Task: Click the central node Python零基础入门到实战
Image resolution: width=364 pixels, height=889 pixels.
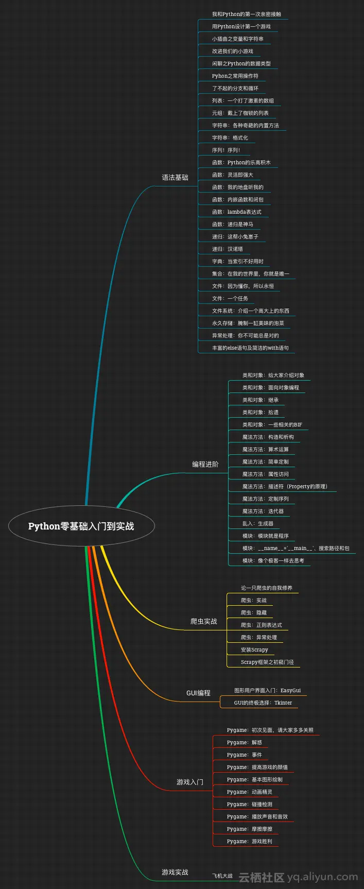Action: (x=81, y=526)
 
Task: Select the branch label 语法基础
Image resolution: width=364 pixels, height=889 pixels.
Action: (x=175, y=178)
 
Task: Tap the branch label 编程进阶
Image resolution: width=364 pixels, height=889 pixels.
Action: (x=205, y=464)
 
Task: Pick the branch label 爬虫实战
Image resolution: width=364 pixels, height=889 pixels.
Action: (x=203, y=621)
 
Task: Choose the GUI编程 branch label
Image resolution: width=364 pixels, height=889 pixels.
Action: (x=198, y=693)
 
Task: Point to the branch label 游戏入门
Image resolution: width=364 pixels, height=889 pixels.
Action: (x=189, y=782)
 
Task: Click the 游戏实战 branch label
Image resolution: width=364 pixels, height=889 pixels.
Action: (x=175, y=872)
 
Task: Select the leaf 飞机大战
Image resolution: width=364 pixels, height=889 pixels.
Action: (x=222, y=876)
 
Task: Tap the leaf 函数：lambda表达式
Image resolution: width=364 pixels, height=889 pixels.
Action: (x=237, y=212)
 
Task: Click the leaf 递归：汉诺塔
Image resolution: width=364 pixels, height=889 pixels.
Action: (x=228, y=249)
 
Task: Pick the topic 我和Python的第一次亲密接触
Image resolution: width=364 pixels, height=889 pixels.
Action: (x=247, y=14)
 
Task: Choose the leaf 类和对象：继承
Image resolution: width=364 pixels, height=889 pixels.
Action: (x=261, y=400)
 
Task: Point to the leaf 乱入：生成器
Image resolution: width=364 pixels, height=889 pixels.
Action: (x=258, y=523)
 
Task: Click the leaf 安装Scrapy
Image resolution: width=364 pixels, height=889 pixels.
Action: (x=254, y=649)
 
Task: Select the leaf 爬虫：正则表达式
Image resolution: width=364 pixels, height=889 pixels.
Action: (x=262, y=625)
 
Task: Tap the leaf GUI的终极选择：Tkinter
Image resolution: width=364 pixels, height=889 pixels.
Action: (x=263, y=703)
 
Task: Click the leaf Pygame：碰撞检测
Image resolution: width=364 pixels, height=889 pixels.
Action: (x=250, y=804)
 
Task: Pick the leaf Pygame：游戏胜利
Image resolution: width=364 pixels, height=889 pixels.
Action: (x=250, y=841)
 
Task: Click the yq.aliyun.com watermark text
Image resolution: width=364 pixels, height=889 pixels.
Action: (x=322, y=877)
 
